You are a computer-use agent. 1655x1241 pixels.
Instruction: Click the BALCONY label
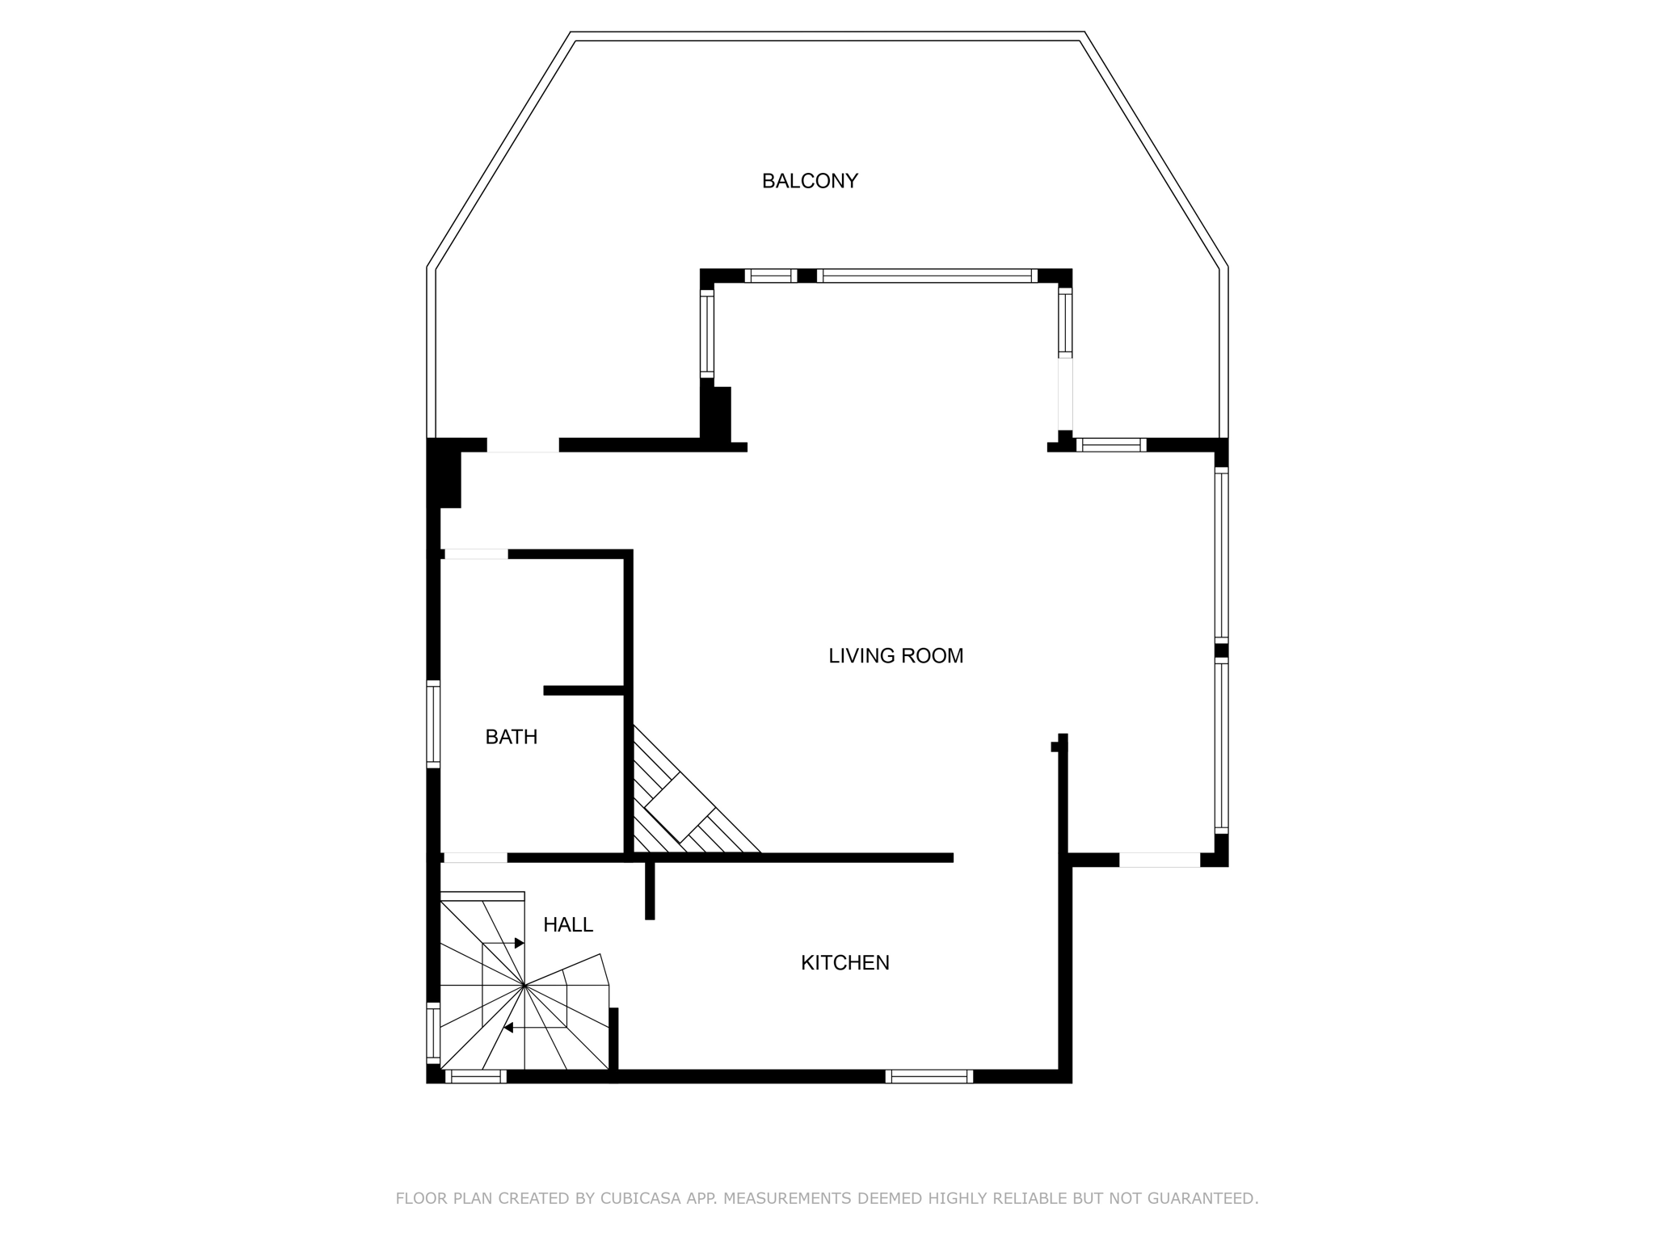pos(809,181)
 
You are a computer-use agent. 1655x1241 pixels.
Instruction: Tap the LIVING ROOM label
pos(895,656)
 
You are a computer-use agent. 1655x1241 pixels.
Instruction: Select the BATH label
pos(511,737)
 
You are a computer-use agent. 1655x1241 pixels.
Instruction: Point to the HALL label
pos(567,925)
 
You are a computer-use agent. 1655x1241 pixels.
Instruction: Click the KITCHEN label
pos(844,963)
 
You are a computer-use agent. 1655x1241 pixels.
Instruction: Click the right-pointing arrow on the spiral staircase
pos(519,943)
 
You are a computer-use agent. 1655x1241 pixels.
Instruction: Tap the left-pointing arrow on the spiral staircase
pos(509,1028)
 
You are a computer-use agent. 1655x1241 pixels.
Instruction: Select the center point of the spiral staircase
pos(525,986)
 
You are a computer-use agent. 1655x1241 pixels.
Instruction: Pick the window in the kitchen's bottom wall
pos(929,1076)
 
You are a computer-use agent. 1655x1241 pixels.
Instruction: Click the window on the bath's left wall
pos(433,724)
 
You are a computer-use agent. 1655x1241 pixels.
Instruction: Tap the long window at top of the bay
pos(926,276)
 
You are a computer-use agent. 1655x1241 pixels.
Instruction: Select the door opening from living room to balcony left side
pos(522,445)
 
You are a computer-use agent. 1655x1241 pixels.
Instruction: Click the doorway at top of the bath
pos(476,554)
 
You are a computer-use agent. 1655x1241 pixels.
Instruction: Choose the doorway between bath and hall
pos(475,858)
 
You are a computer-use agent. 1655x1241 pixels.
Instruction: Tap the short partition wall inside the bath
pos(583,690)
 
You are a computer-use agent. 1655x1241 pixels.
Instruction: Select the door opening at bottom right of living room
pos(1159,860)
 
